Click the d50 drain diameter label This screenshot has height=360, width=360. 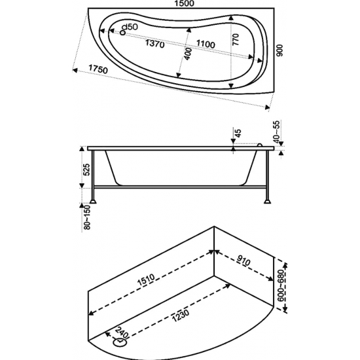(x=131, y=27)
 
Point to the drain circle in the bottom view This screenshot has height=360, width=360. (x=121, y=341)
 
